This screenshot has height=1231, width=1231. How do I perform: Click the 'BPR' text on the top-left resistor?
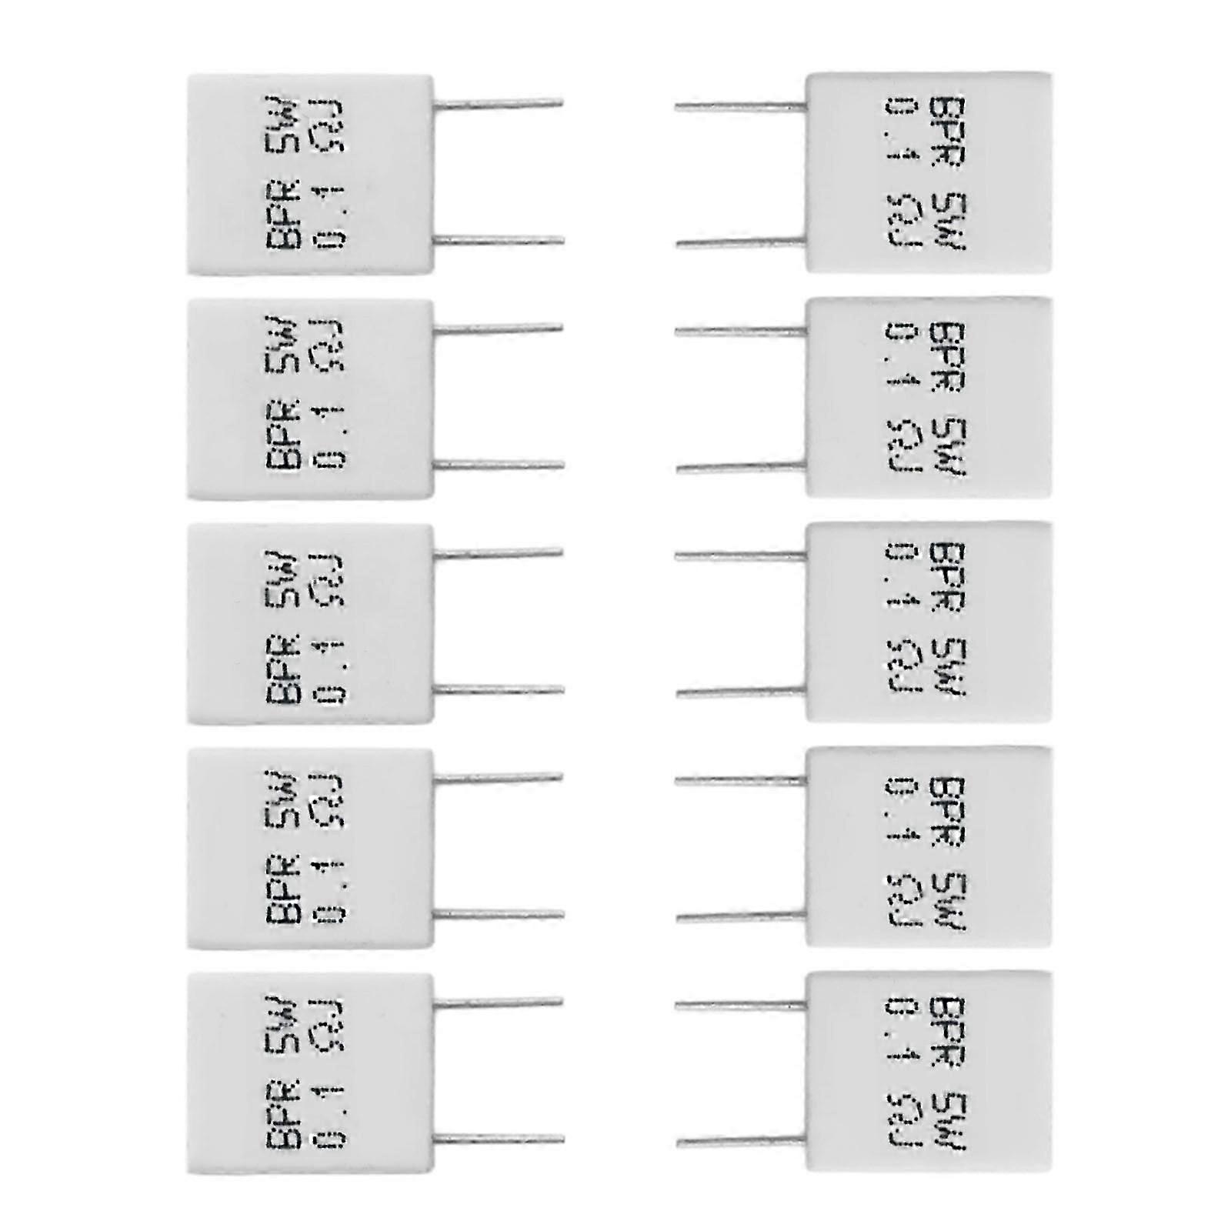[x=282, y=215]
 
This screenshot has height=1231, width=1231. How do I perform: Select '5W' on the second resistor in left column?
[x=282, y=345]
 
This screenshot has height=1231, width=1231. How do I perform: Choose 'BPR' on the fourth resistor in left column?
[x=282, y=889]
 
